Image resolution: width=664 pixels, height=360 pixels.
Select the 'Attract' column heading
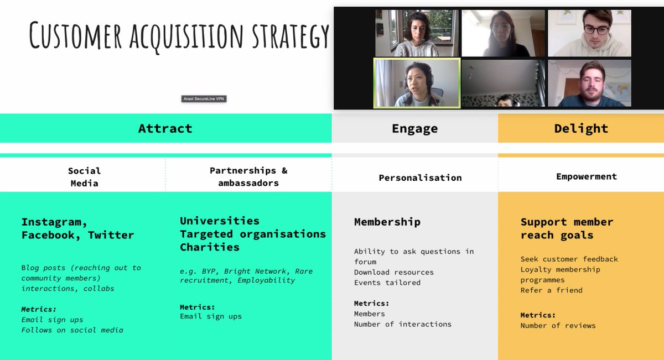(x=165, y=128)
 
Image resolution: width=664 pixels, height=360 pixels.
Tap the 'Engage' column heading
(x=414, y=128)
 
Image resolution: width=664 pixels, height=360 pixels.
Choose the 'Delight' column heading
(x=581, y=128)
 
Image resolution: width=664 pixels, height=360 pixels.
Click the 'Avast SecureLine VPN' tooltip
(x=204, y=99)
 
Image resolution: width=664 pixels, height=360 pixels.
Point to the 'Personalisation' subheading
(x=420, y=178)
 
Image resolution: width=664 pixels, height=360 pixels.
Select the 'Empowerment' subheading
(x=586, y=176)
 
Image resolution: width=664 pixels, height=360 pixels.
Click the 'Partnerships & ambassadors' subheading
(x=248, y=176)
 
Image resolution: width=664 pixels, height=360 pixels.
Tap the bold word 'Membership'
(x=387, y=222)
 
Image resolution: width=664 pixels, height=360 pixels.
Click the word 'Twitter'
(x=111, y=235)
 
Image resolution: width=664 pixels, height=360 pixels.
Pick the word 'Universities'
(x=220, y=221)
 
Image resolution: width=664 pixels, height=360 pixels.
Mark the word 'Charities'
(x=210, y=247)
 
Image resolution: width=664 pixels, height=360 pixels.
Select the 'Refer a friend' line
(x=551, y=290)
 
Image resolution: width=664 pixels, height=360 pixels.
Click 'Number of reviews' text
(x=558, y=325)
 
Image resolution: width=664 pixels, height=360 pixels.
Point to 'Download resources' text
(x=394, y=272)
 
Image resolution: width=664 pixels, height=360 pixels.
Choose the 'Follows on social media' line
(x=72, y=330)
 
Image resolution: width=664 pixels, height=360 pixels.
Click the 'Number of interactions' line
(x=403, y=324)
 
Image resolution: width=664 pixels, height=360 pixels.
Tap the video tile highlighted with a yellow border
(x=417, y=83)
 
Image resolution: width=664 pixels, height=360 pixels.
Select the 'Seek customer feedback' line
(x=569, y=259)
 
